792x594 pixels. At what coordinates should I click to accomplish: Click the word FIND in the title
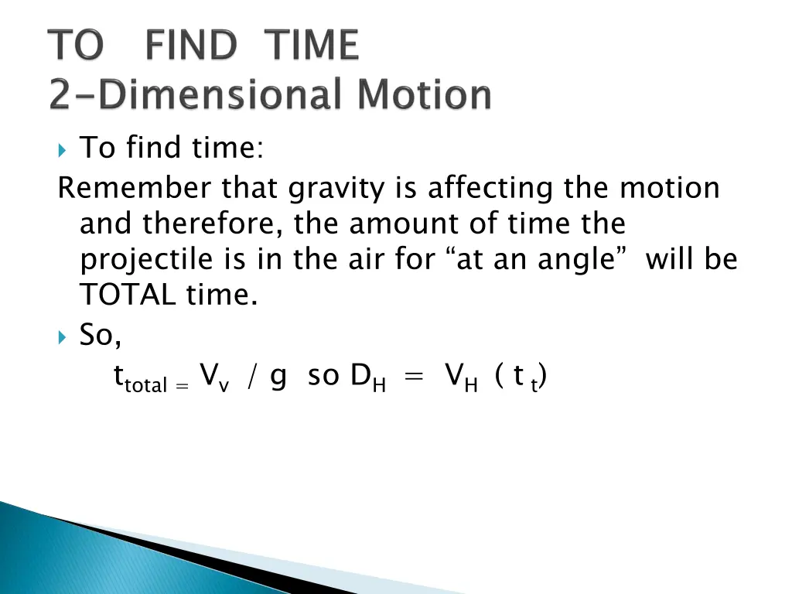[190, 46]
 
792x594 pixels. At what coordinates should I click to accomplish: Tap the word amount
[415, 224]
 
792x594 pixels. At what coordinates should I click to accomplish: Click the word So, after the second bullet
[101, 336]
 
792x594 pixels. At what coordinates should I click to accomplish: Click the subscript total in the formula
[146, 384]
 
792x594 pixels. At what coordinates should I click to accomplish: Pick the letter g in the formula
[278, 377]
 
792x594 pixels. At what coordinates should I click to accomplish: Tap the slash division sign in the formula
[251, 377]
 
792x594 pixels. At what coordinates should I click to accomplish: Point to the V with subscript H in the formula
[461, 377]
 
